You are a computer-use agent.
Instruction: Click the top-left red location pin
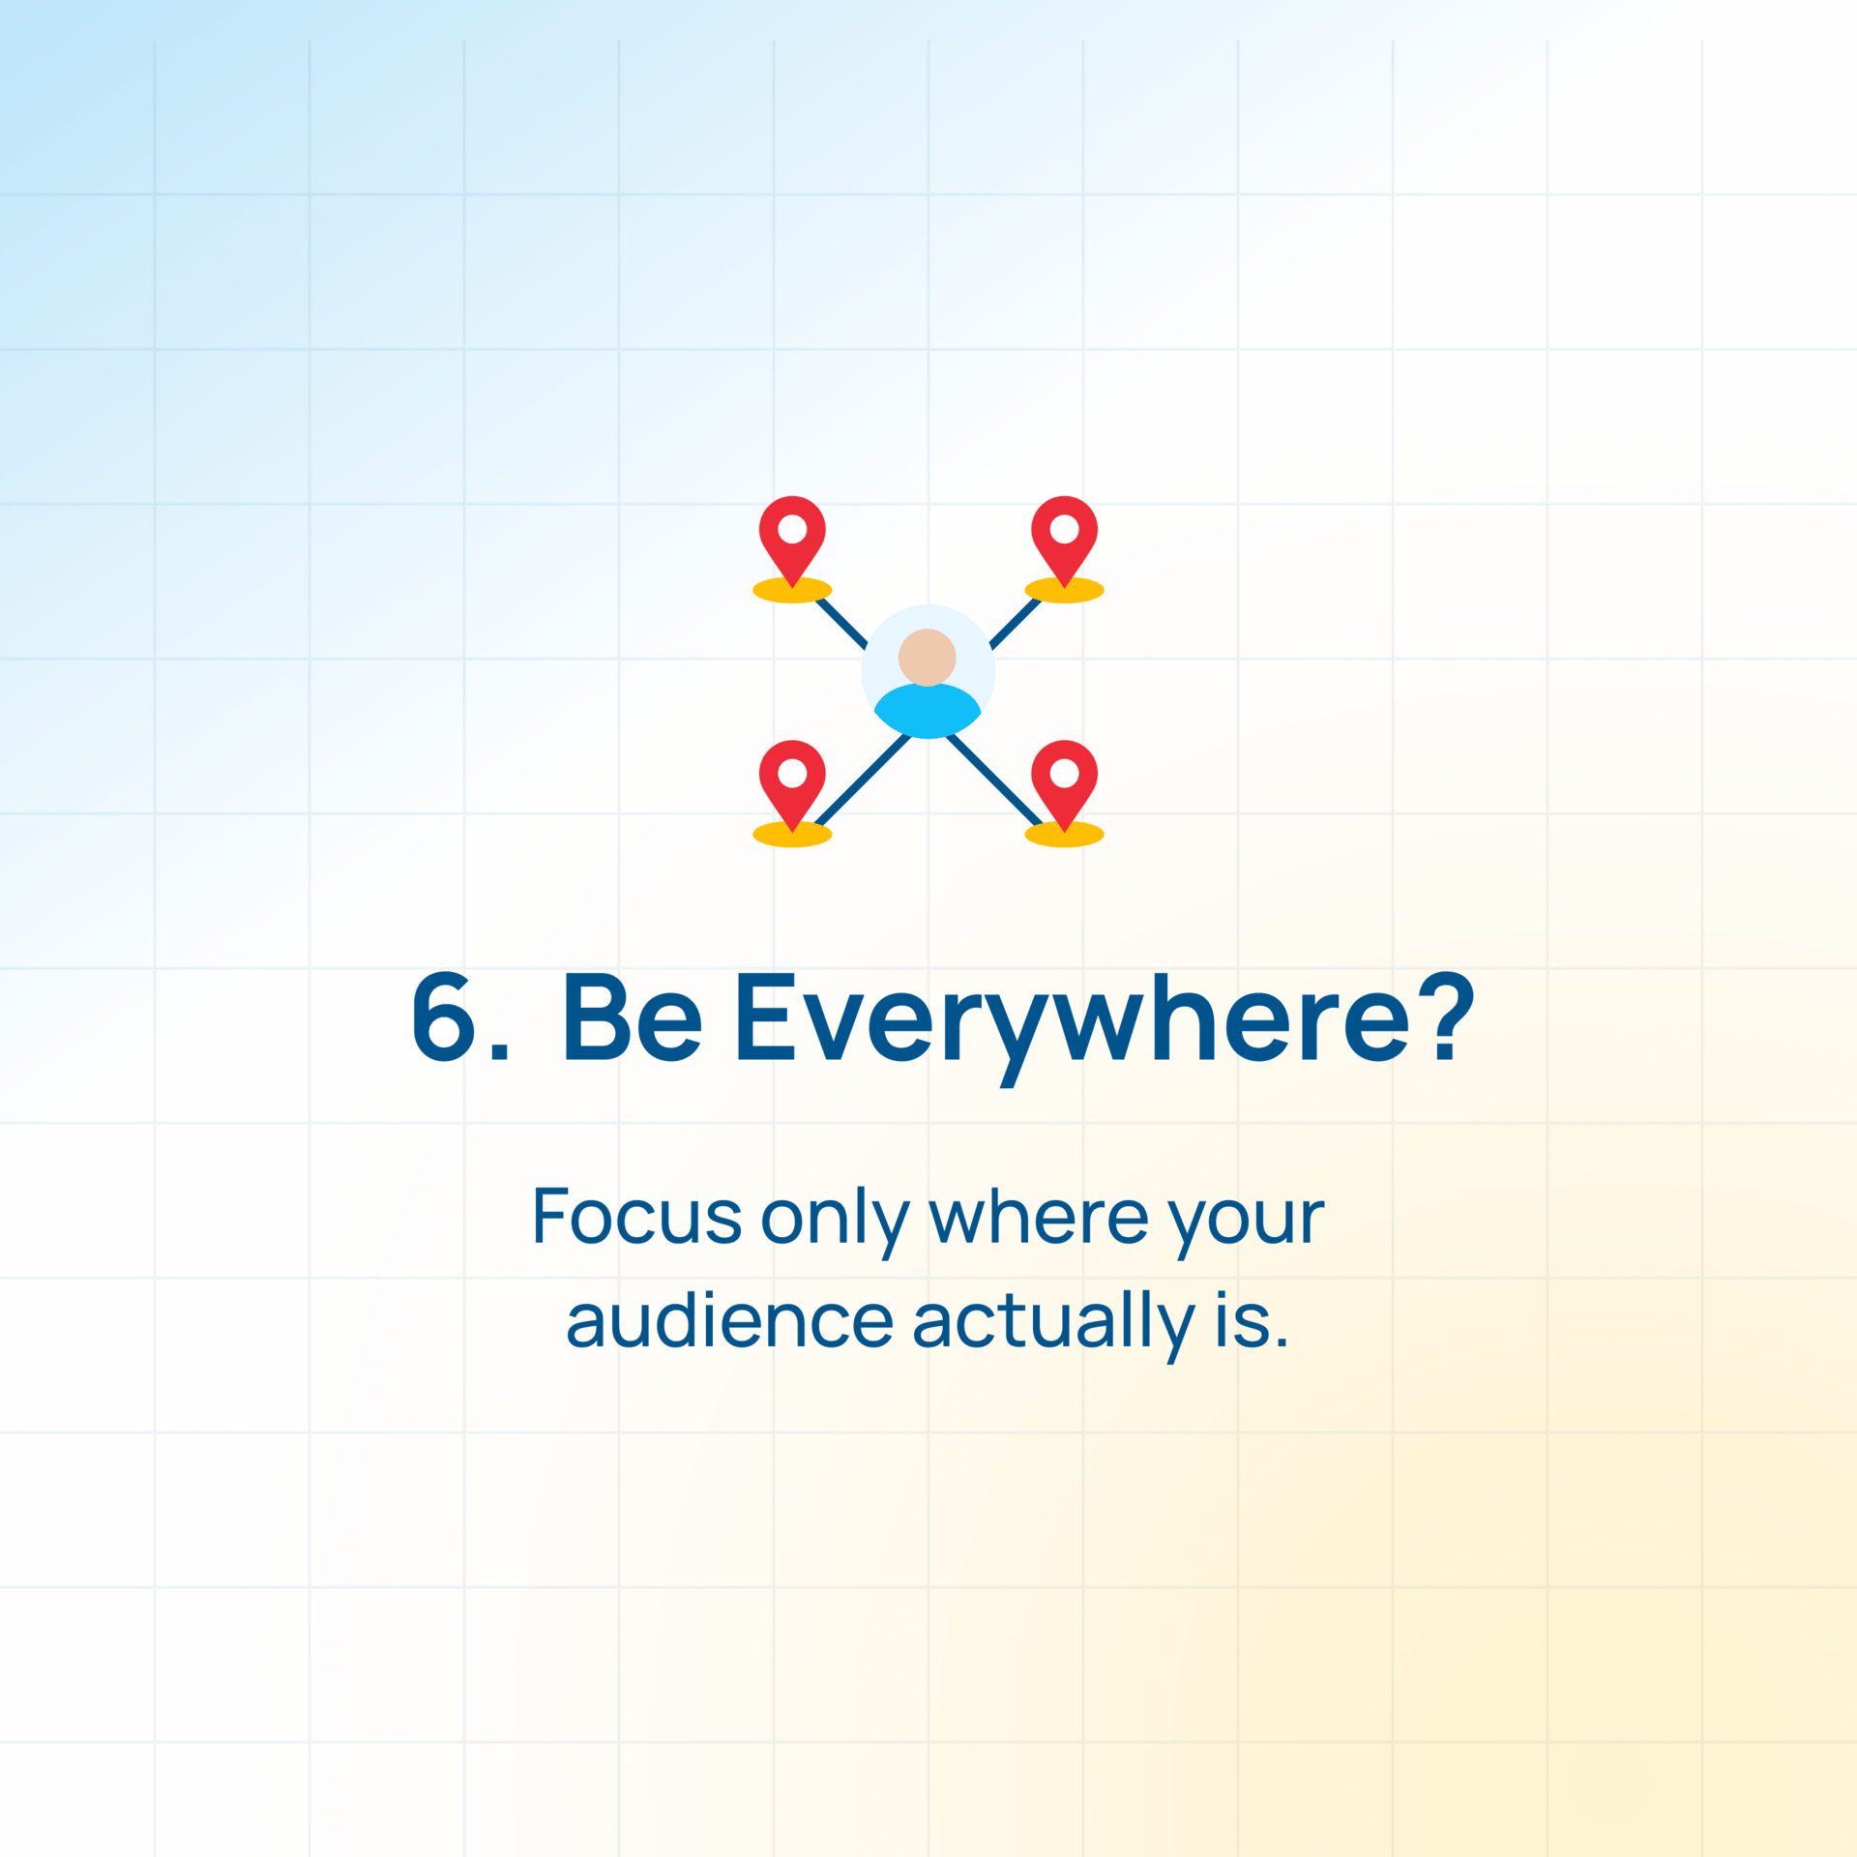click(x=792, y=538)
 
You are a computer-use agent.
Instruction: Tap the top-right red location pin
click(x=1064, y=538)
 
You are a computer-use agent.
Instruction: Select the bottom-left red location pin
click(x=792, y=782)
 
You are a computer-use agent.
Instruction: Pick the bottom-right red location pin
click(x=1064, y=782)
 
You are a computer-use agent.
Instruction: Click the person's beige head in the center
click(x=928, y=657)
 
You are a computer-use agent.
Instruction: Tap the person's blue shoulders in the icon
click(x=928, y=711)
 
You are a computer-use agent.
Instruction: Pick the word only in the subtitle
click(x=836, y=1222)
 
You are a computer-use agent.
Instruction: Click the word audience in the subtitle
click(x=730, y=1319)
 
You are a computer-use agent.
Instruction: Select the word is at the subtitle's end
click(x=1252, y=1319)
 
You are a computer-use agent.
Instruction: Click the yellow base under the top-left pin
click(x=792, y=590)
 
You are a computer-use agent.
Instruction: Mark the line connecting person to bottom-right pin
click(x=994, y=780)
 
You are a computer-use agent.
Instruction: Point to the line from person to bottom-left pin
click(x=863, y=780)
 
